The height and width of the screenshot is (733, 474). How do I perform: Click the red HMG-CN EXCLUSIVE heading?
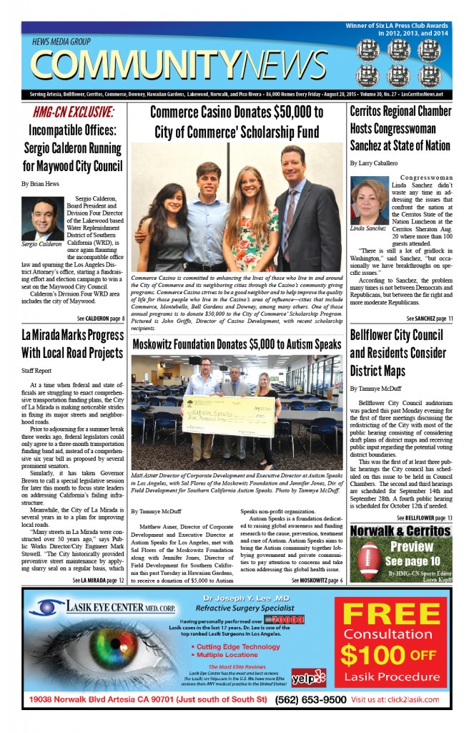pos(73,112)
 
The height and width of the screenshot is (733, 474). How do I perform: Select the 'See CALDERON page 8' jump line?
pos(101,318)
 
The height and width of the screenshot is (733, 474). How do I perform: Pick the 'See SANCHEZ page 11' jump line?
pos(429,318)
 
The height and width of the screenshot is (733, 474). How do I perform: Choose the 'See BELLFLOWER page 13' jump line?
pos(428,517)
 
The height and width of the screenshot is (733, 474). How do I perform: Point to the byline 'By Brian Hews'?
pos(41,184)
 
